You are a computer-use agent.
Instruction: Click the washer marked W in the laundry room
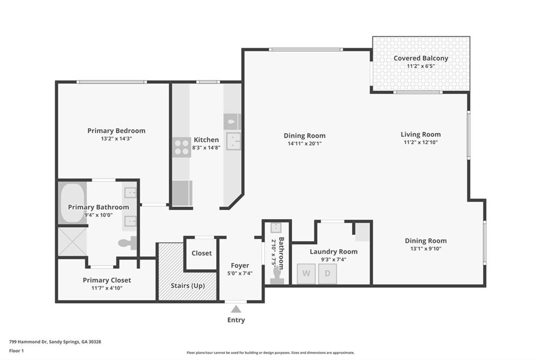tap(306, 274)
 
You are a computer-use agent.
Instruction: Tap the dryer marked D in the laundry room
tap(328, 274)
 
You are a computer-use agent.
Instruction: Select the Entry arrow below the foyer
tap(236, 309)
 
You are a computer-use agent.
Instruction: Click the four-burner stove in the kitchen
tap(181, 147)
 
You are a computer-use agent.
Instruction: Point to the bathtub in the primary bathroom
tap(72, 203)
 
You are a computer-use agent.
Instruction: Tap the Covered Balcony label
tap(421, 58)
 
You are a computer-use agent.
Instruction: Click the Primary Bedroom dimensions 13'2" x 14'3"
tap(116, 139)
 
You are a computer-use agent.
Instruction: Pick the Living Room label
tap(421, 134)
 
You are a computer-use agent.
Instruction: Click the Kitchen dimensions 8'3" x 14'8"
tap(206, 148)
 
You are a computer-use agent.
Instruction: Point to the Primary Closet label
tap(107, 280)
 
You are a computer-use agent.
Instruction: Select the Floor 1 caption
tap(17, 350)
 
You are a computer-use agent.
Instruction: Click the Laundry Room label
tap(333, 251)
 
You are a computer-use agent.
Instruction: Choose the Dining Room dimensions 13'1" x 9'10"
tap(426, 249)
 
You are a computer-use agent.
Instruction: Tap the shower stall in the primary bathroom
tap(72, 242)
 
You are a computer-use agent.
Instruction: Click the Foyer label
tap(240, 266)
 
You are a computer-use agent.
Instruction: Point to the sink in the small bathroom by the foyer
tap(276, 228)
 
